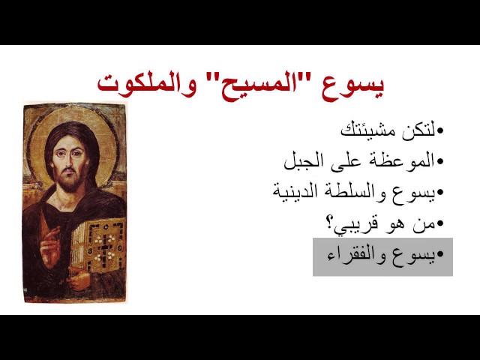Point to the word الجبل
tap(303, 160)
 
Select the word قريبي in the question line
tap(356, 224)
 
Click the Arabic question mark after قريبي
tap(329, 223)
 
